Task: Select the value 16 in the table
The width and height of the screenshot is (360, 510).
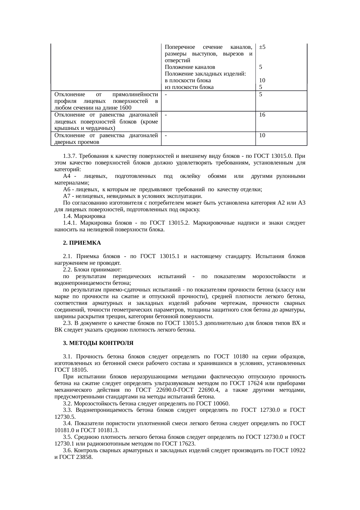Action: (x=262, y=115)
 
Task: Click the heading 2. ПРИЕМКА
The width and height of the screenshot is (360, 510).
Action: (x=82, y=243)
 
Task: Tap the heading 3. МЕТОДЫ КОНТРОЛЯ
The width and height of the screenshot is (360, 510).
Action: (x=98, y=343)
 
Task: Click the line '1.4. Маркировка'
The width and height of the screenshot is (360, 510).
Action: (x=84, y=216)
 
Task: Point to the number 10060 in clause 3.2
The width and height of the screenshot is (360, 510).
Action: (x=222, y=404)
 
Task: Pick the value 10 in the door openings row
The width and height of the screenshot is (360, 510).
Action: (x=262, y=135)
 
